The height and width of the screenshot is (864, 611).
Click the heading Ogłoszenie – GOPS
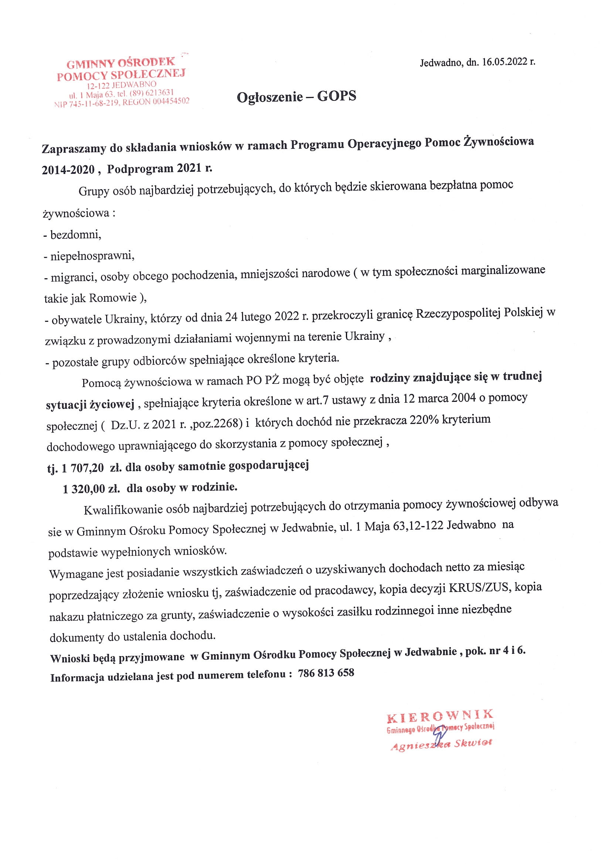296,96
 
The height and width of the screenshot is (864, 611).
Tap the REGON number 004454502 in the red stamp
171,101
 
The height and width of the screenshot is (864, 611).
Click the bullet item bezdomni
75,235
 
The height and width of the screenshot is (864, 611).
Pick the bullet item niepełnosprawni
92,256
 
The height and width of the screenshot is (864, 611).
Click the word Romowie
113,298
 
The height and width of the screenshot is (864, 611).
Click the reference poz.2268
220,423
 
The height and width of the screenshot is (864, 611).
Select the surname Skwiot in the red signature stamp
473,743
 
